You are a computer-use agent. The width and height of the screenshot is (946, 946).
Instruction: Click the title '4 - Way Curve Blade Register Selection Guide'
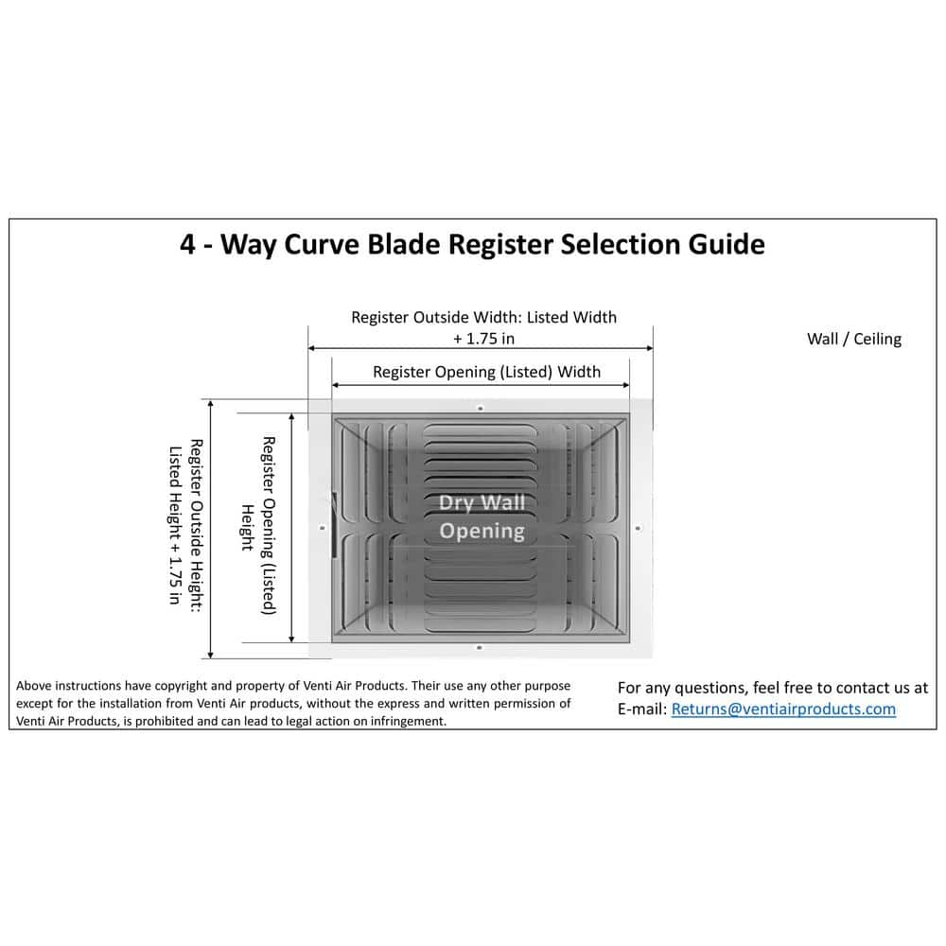pos(472,244)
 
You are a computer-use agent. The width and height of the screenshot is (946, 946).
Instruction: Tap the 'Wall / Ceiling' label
pos(853,339)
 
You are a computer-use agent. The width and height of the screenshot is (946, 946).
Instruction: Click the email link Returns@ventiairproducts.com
pos(783,709)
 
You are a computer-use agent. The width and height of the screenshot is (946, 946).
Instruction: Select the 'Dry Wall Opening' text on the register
pos(482,517)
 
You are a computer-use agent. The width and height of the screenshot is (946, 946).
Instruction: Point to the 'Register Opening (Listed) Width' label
pos(486,372)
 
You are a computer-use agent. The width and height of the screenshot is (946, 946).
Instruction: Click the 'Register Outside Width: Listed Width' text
pos(483,317)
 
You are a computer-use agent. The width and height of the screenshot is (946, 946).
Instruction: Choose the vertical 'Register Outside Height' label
pos(185,524)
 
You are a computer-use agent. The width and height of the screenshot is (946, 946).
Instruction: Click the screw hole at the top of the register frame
pos(481,408)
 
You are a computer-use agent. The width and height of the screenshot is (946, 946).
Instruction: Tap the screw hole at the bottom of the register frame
pos(480,647)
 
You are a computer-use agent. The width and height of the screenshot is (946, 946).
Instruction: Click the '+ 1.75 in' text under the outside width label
pos(483,338)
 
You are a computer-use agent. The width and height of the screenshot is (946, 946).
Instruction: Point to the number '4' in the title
pos(188,244)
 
